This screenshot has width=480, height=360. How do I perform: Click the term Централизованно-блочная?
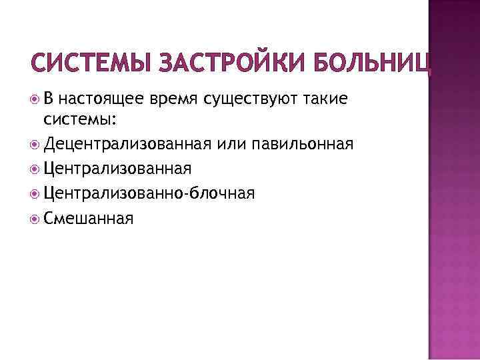[x=149, y=193]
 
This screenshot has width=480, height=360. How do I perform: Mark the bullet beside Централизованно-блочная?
[x=35, y=194]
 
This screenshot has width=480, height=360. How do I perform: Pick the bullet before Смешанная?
[x=35, y=218]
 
